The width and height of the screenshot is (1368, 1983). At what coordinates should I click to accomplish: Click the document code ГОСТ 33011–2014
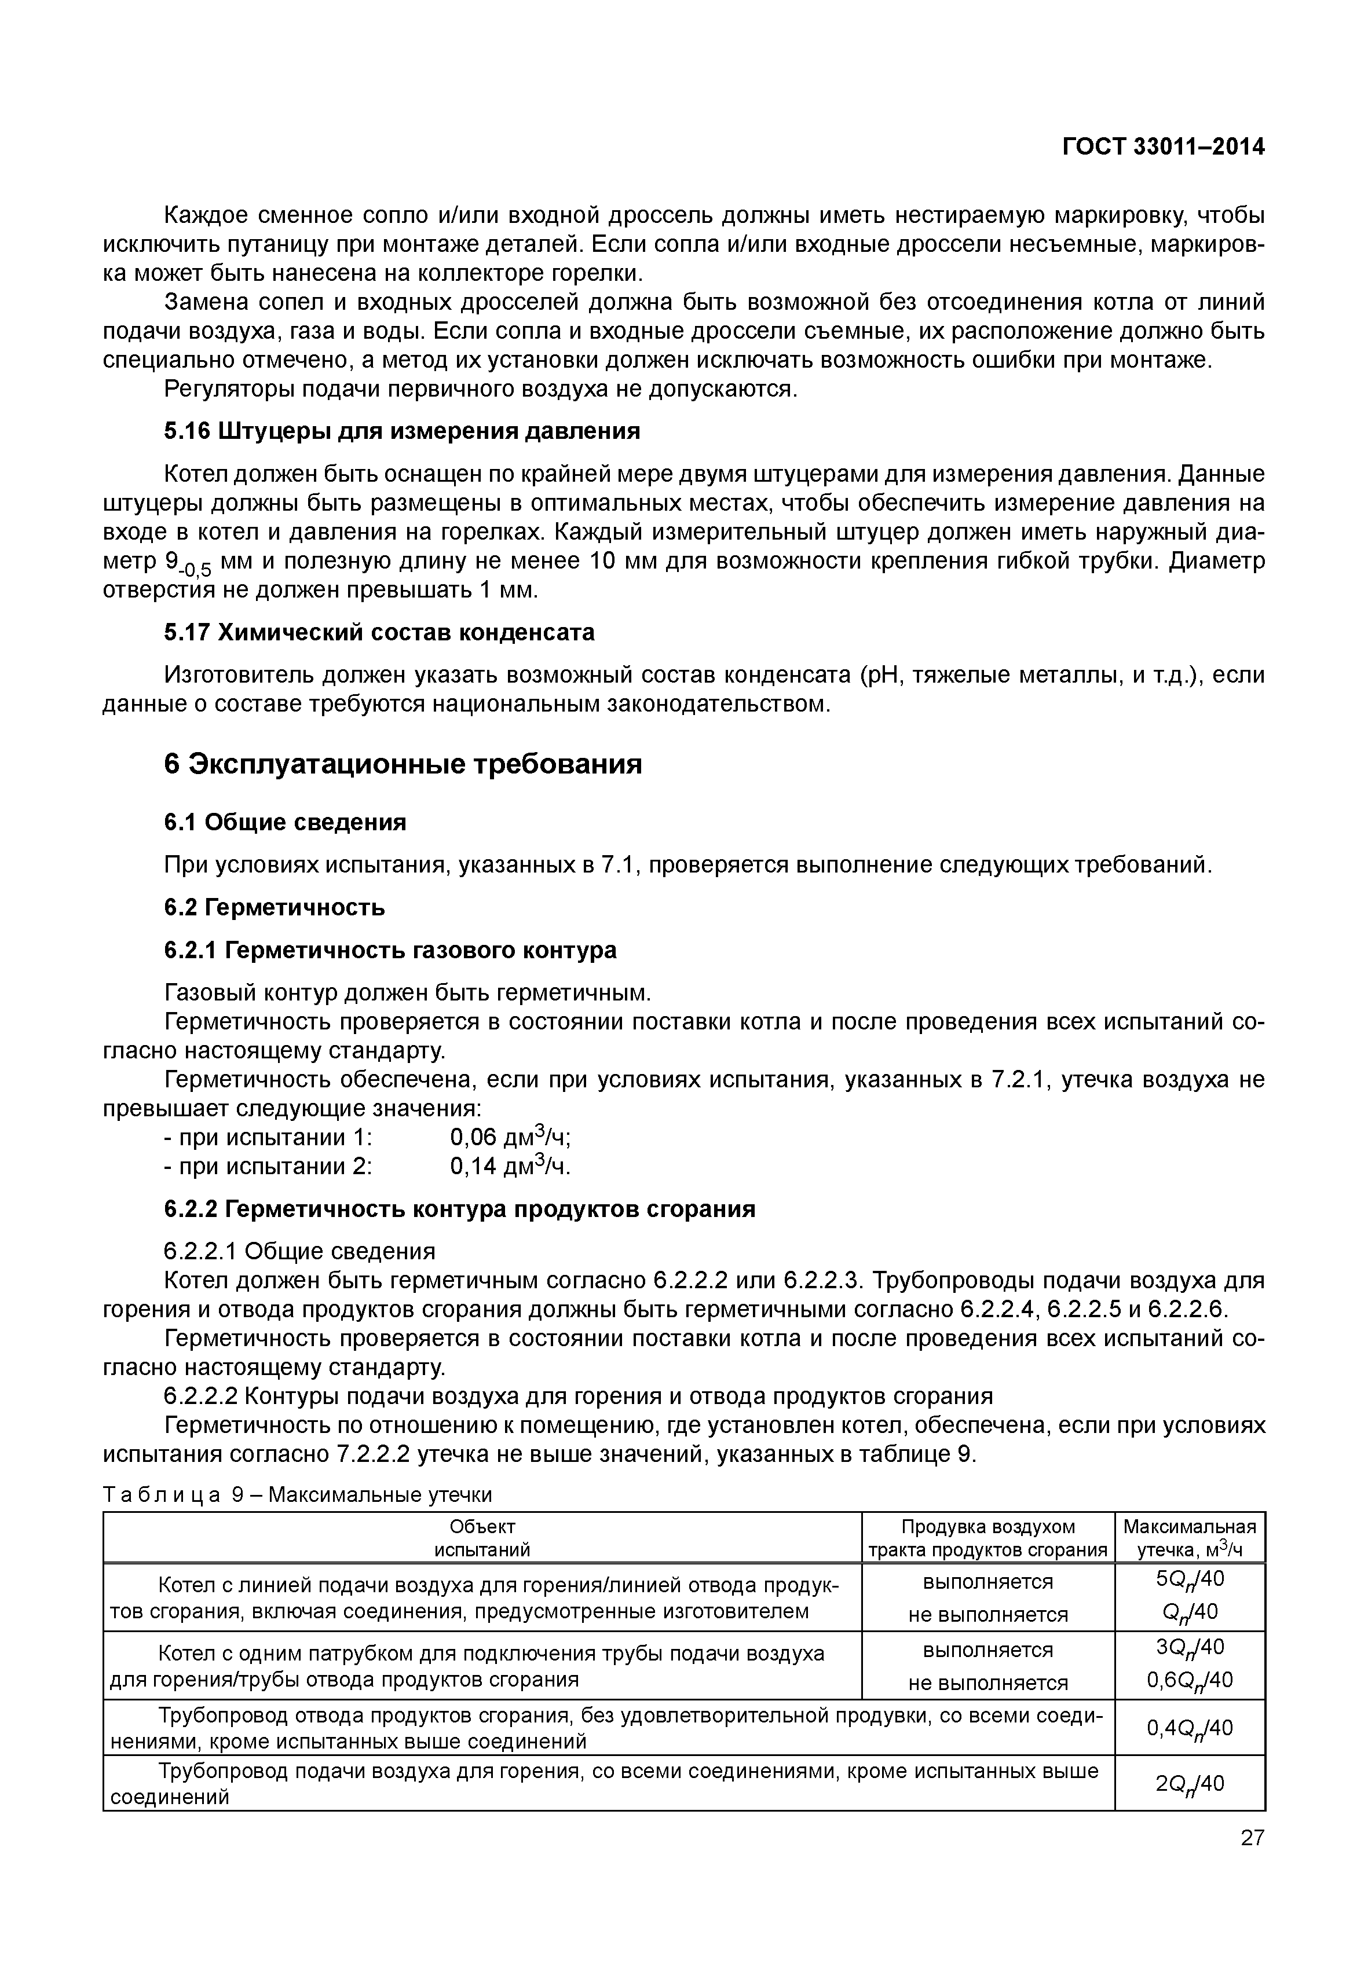[1163, 148]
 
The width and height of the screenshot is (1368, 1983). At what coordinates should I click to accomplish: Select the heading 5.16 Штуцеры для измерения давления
[402, 431]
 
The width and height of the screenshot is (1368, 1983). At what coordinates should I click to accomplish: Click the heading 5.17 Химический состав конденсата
[379, 632]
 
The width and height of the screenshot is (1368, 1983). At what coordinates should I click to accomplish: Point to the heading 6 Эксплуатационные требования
[403, 764]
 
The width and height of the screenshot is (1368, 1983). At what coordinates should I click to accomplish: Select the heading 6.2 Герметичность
[275, 907]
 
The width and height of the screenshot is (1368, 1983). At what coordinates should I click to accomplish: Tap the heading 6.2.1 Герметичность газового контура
[390, 950]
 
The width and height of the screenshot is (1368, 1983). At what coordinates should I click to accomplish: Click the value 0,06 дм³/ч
[510, 1137]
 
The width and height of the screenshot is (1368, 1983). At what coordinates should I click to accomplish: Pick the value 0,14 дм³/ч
[510, 1166]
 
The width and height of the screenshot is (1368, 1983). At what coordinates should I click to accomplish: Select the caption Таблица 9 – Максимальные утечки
[298, 1496]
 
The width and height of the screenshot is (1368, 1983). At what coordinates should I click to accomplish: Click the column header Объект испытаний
[482, 1538]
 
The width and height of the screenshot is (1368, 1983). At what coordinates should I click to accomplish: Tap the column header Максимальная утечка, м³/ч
[1189, 1538]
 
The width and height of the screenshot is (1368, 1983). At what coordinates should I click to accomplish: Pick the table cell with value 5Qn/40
[1190, 1578]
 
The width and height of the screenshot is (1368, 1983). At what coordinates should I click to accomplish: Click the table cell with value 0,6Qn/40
[1190, 1681]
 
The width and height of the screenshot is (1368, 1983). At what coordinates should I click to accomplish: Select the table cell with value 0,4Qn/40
[1190, 1728]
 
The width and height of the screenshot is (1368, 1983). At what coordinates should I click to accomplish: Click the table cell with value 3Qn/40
[1190, 1647]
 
